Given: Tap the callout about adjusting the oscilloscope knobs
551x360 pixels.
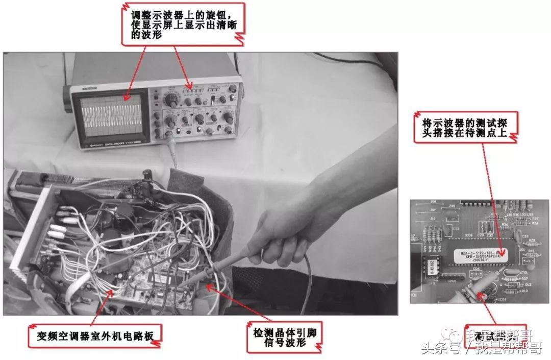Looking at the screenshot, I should [183, 22].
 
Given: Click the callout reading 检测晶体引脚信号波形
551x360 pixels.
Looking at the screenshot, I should [284, 337].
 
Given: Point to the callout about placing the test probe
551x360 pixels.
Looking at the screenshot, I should [466, 125].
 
